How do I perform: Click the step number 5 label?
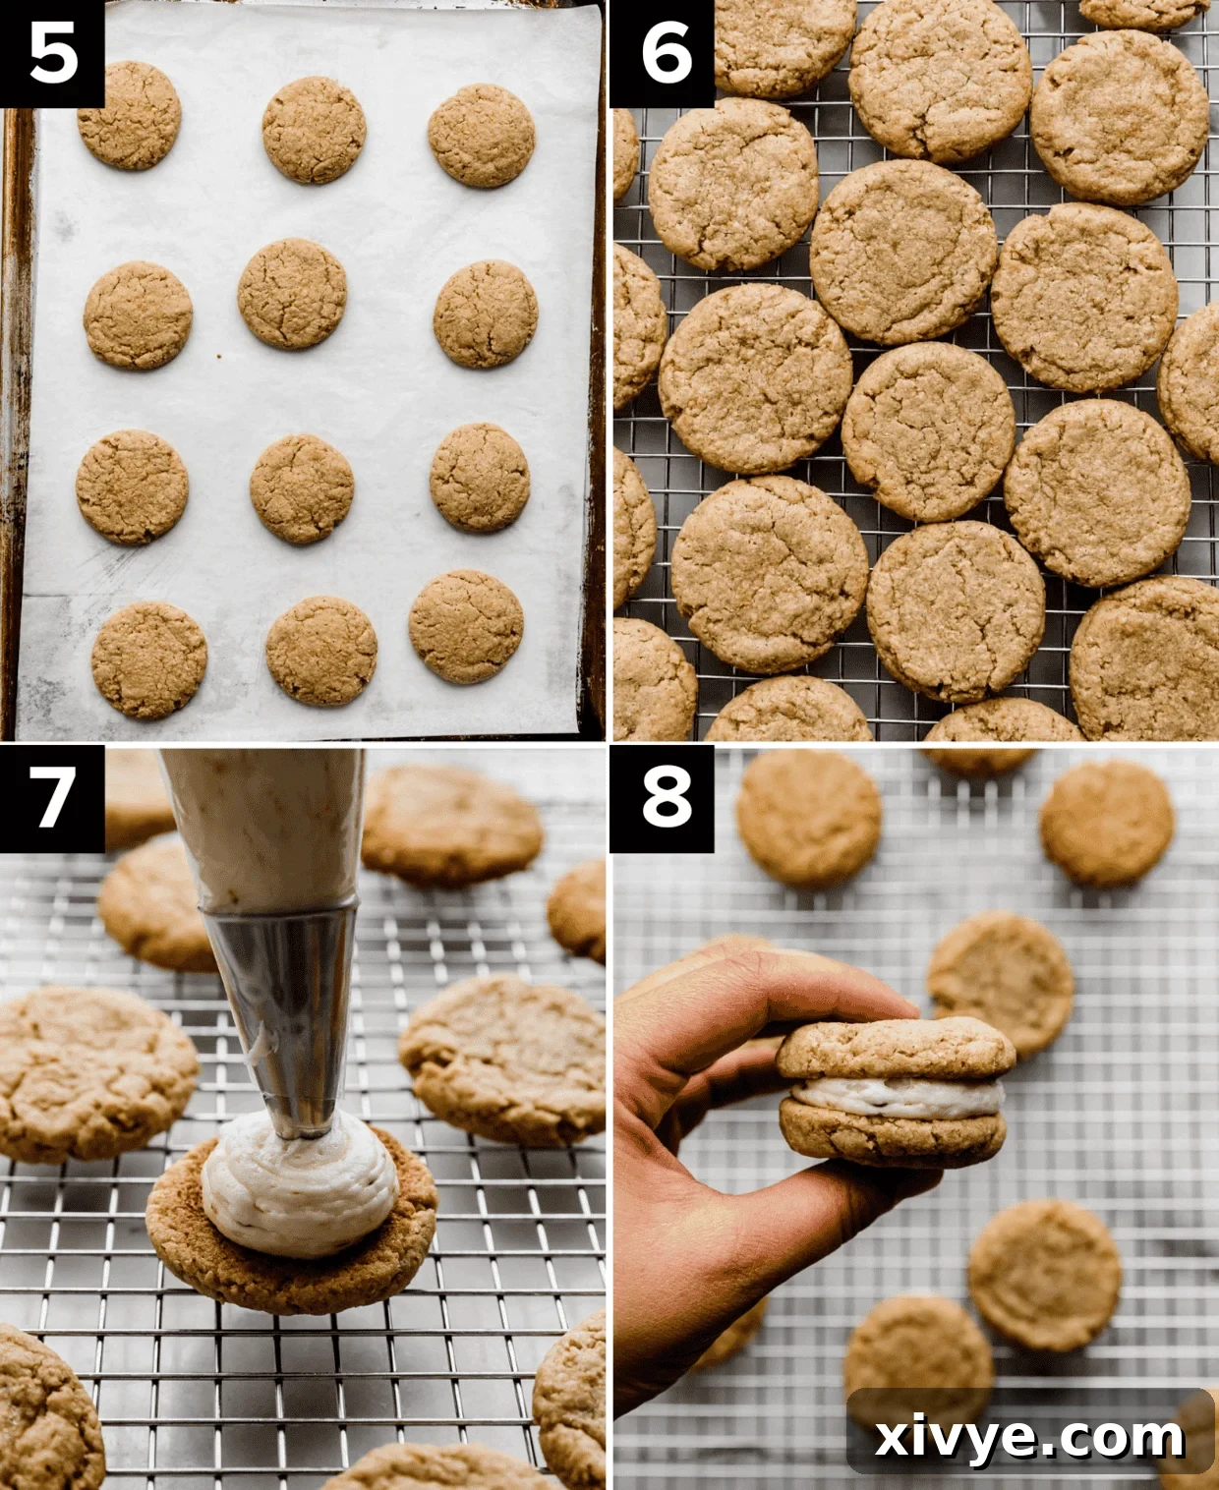[52, 53]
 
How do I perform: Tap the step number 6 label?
[665, 53]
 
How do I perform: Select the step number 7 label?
[52, 797]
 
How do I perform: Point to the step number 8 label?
[665, 797]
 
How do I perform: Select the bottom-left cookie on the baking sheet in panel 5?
[148, 659]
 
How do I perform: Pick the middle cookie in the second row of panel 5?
[292, 293]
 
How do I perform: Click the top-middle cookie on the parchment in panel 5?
[314, 130]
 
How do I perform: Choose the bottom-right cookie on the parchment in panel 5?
[466, 627]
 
